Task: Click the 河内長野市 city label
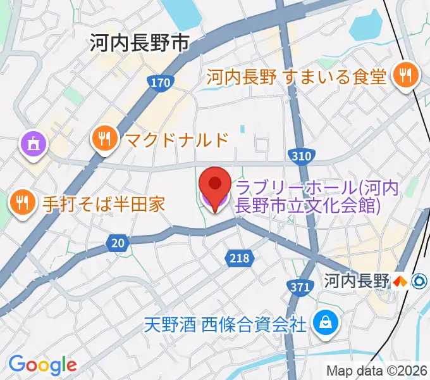(x=139, y=43)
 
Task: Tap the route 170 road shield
(x=161, y=83)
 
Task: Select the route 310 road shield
(x=301, y=155)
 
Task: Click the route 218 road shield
(x=239, y=258)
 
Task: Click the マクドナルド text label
(x=172, y=139)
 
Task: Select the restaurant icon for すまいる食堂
(x=402, y=77)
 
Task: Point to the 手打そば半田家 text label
(x=103, y=203)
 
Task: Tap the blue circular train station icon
(x=417, y=281)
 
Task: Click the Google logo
(x=42, y=364)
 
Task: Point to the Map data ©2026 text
(x=376, y=371)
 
